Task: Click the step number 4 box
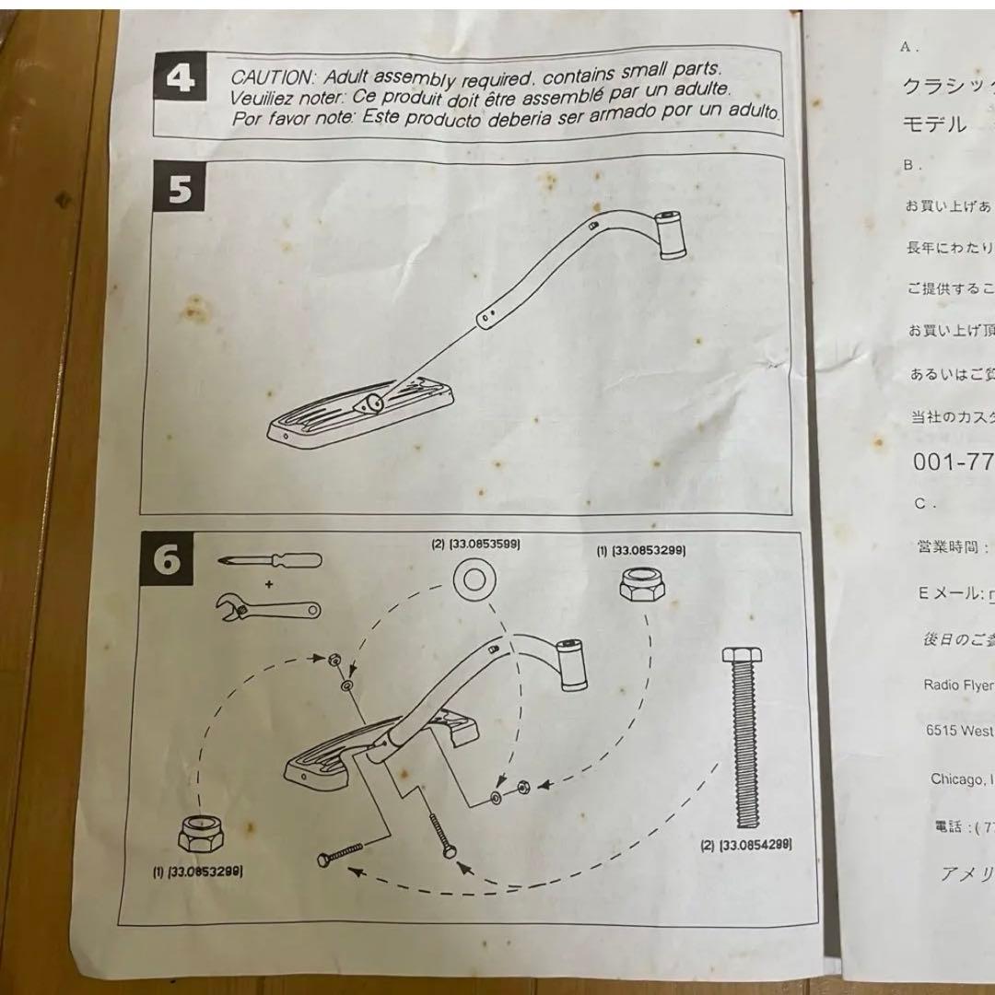(x=180, y=79)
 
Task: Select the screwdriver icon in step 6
(x=270, y=561)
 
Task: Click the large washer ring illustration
(x=475, y=581)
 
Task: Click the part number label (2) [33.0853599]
(x=475, y=544)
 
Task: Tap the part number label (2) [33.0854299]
(x=747, y=844)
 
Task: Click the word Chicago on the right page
(x=956, y=779)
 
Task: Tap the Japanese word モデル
(x=933, y=124)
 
